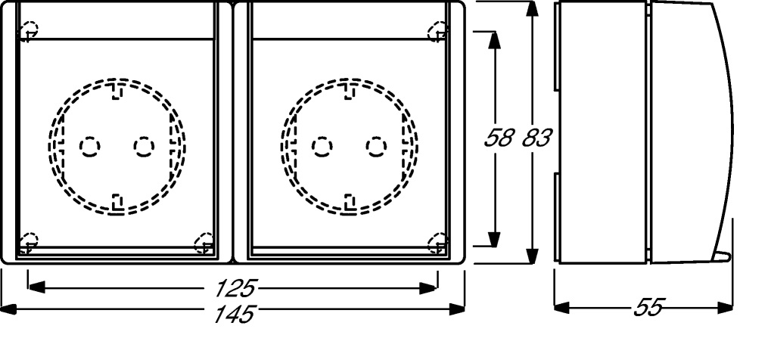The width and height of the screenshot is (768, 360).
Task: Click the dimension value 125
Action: tap(235, 288)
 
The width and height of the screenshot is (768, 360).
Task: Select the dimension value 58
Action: tap(499, 138)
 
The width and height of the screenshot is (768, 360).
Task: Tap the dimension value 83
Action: tap(536, 138)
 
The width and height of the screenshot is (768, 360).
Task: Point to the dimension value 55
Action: tap(648, 308)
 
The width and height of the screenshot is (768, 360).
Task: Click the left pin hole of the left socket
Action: tap(89, 147)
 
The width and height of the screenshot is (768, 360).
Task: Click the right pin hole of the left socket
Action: tap(144, 147)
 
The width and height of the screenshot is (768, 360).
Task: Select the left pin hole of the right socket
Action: tap(322, 147)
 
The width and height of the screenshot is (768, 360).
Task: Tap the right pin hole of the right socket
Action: tap(376, 147)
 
